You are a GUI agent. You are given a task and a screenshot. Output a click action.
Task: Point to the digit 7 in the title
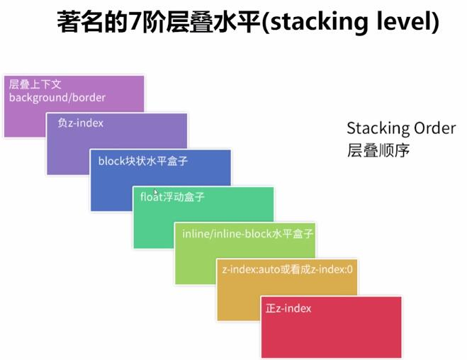[135, 22]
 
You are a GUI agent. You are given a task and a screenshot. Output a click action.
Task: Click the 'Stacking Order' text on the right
[401, 129]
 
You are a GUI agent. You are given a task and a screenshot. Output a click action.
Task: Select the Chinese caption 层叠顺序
[378, 150]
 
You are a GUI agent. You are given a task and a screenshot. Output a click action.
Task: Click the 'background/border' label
[57, 98]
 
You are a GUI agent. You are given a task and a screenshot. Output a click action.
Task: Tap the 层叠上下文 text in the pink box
[35, 84]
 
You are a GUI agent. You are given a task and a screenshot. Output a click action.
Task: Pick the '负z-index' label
[80, 123]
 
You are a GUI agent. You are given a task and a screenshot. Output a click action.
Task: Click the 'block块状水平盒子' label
[143, 161]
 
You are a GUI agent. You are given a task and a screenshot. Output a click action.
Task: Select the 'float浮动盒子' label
[172, 197]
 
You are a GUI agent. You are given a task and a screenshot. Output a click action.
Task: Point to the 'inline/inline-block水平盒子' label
[247, 234]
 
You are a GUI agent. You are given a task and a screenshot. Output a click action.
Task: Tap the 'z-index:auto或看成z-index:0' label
[288, 269]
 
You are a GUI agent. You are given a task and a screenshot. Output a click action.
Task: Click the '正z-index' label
[288, 308]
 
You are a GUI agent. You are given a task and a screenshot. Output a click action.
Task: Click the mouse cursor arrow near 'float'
[155, 192]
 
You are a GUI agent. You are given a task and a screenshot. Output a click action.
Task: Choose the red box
[331, 327]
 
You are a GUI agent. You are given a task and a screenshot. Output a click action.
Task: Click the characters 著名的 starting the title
[92, 22]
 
